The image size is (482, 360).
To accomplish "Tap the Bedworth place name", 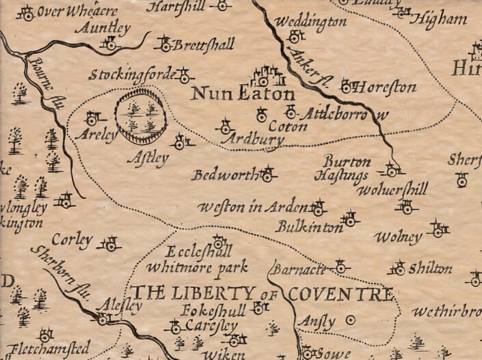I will (x=223, y=175).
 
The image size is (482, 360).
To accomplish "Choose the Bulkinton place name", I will (x=306, y=225).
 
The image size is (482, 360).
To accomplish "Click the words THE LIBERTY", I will (x=183, y=293).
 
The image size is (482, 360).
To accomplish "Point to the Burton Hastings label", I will (x=347, y=169).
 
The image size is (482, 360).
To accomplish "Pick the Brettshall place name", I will (x=203, y=45).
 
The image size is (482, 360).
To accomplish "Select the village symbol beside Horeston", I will (x=346, y=85).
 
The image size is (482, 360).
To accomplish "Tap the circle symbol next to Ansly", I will (x=351, y=319).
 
